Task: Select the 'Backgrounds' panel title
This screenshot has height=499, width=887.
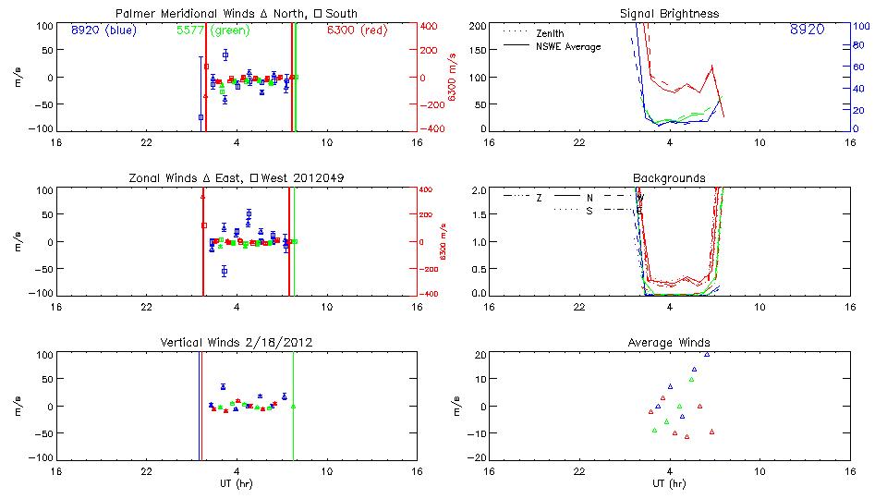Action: [x=669, y=178]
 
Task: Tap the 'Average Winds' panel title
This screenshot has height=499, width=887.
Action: [x=669, y=343]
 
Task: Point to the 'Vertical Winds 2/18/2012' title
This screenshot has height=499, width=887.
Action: [x=237, y=343]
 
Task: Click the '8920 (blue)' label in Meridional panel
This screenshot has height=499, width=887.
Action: [x=103, y=30]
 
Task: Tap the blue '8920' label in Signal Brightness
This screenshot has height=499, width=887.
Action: [x=807, y=30]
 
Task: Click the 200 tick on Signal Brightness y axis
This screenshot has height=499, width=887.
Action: [x=478, y=26]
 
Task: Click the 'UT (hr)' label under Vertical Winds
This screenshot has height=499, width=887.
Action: [x=237, y=483]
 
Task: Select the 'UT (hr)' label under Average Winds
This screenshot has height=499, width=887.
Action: [x=669, y=483]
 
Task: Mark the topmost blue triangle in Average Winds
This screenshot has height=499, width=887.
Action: [x=707, y=354]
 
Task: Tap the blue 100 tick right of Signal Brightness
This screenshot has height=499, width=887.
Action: [x=859, y=26]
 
